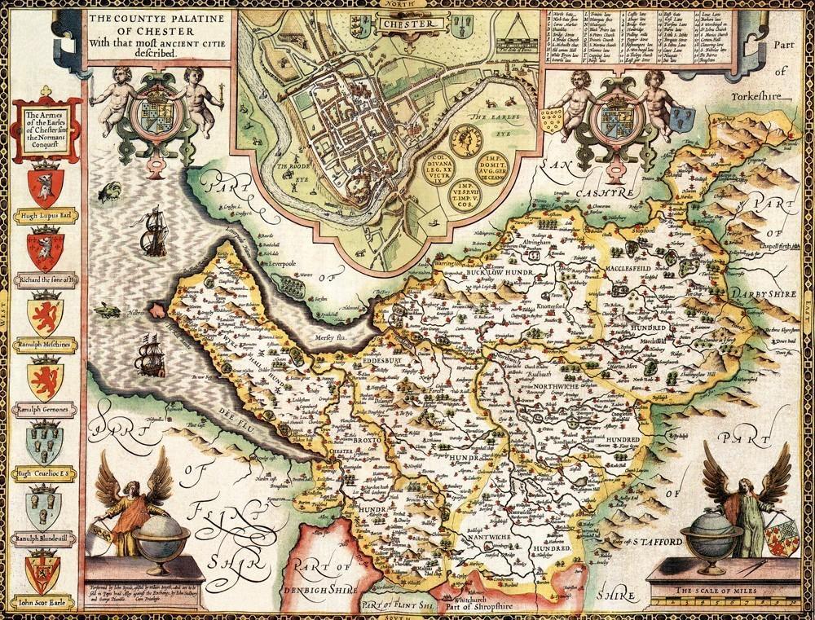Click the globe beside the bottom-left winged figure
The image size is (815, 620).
click(160, 533)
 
